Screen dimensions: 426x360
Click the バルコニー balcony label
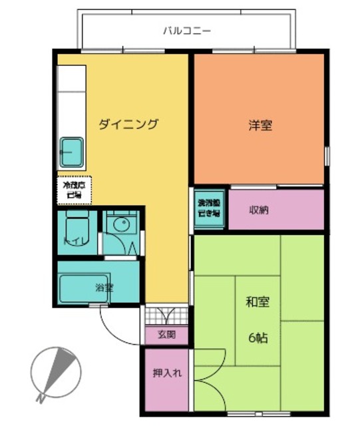pyautogui.click(x=187, y=31)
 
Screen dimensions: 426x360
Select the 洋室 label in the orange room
pyautogui.click(x=260, y=124)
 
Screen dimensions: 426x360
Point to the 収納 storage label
pyautogui.click(x=259, y=210)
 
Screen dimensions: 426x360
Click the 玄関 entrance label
pyautogui.click(x=166, y=335)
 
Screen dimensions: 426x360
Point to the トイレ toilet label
pyautogui.click(x=73, y=241)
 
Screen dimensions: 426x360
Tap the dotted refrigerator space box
pyautogui.click(x=73, y=190)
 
